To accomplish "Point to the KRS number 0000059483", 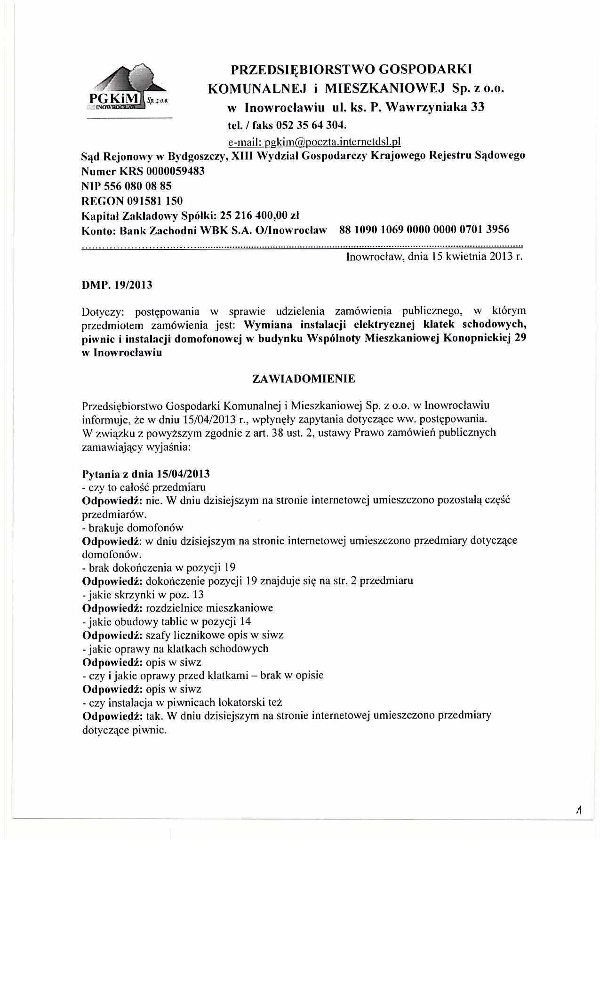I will [x=176, y=171].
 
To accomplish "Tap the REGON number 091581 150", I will [x=155, y=201].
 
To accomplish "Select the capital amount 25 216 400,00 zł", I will [x=256, y=216].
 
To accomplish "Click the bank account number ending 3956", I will [x=424, y=230].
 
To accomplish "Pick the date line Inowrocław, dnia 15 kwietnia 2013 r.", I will [x=434, y=257].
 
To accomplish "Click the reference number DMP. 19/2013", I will [x=117, y=285].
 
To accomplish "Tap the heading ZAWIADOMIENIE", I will [x=304, y=379].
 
